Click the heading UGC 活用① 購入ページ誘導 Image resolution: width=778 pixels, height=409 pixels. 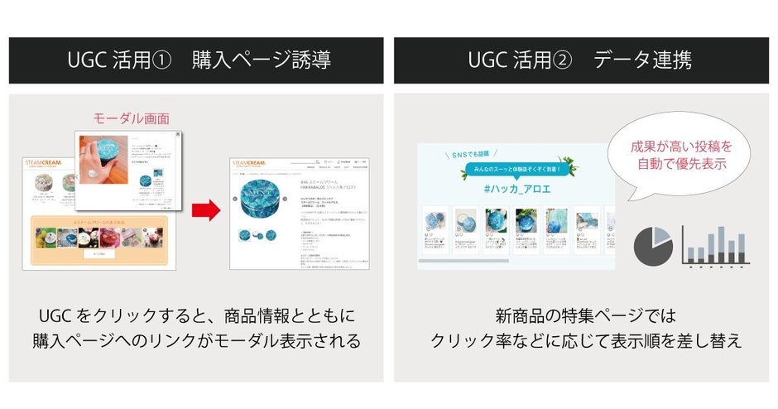click(x=196, y=60)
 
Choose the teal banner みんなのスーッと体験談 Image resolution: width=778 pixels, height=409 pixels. click(x=517, y=169)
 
